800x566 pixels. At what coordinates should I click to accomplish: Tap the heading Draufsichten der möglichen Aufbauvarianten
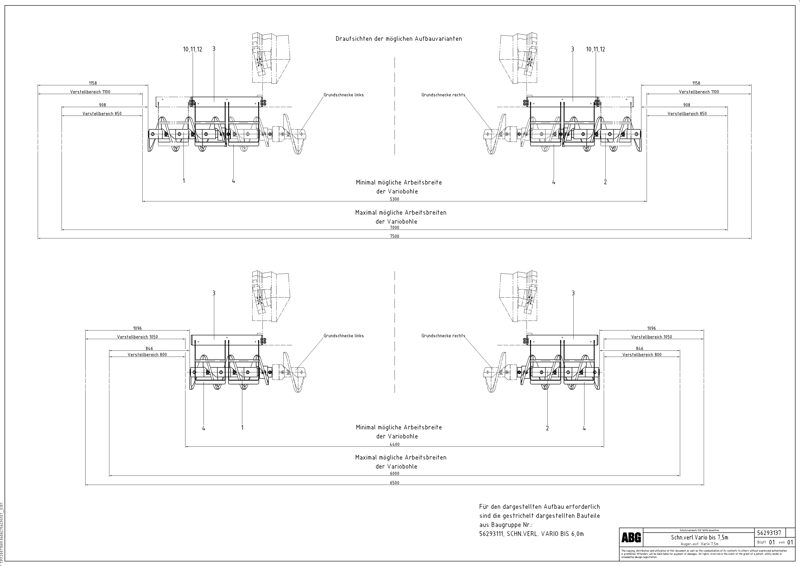tap(399, 39)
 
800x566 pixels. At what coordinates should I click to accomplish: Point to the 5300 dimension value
tap(394, 199)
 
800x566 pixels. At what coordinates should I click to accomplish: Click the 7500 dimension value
tap(394, 236)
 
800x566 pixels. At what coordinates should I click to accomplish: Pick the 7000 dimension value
tap(394, 228)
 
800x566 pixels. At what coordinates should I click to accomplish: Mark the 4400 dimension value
tap(394, 444)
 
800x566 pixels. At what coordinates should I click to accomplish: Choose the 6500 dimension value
tap(394, 483)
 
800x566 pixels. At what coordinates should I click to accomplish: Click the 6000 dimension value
tap(394, 473)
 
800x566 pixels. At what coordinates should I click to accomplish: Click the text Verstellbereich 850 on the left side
tap(102, 114)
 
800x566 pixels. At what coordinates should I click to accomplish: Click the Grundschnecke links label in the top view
tap(344, 95)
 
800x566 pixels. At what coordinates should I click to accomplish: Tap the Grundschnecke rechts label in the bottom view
tap(443, 336)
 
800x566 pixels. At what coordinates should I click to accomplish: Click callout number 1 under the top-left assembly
tap(184, 181)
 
